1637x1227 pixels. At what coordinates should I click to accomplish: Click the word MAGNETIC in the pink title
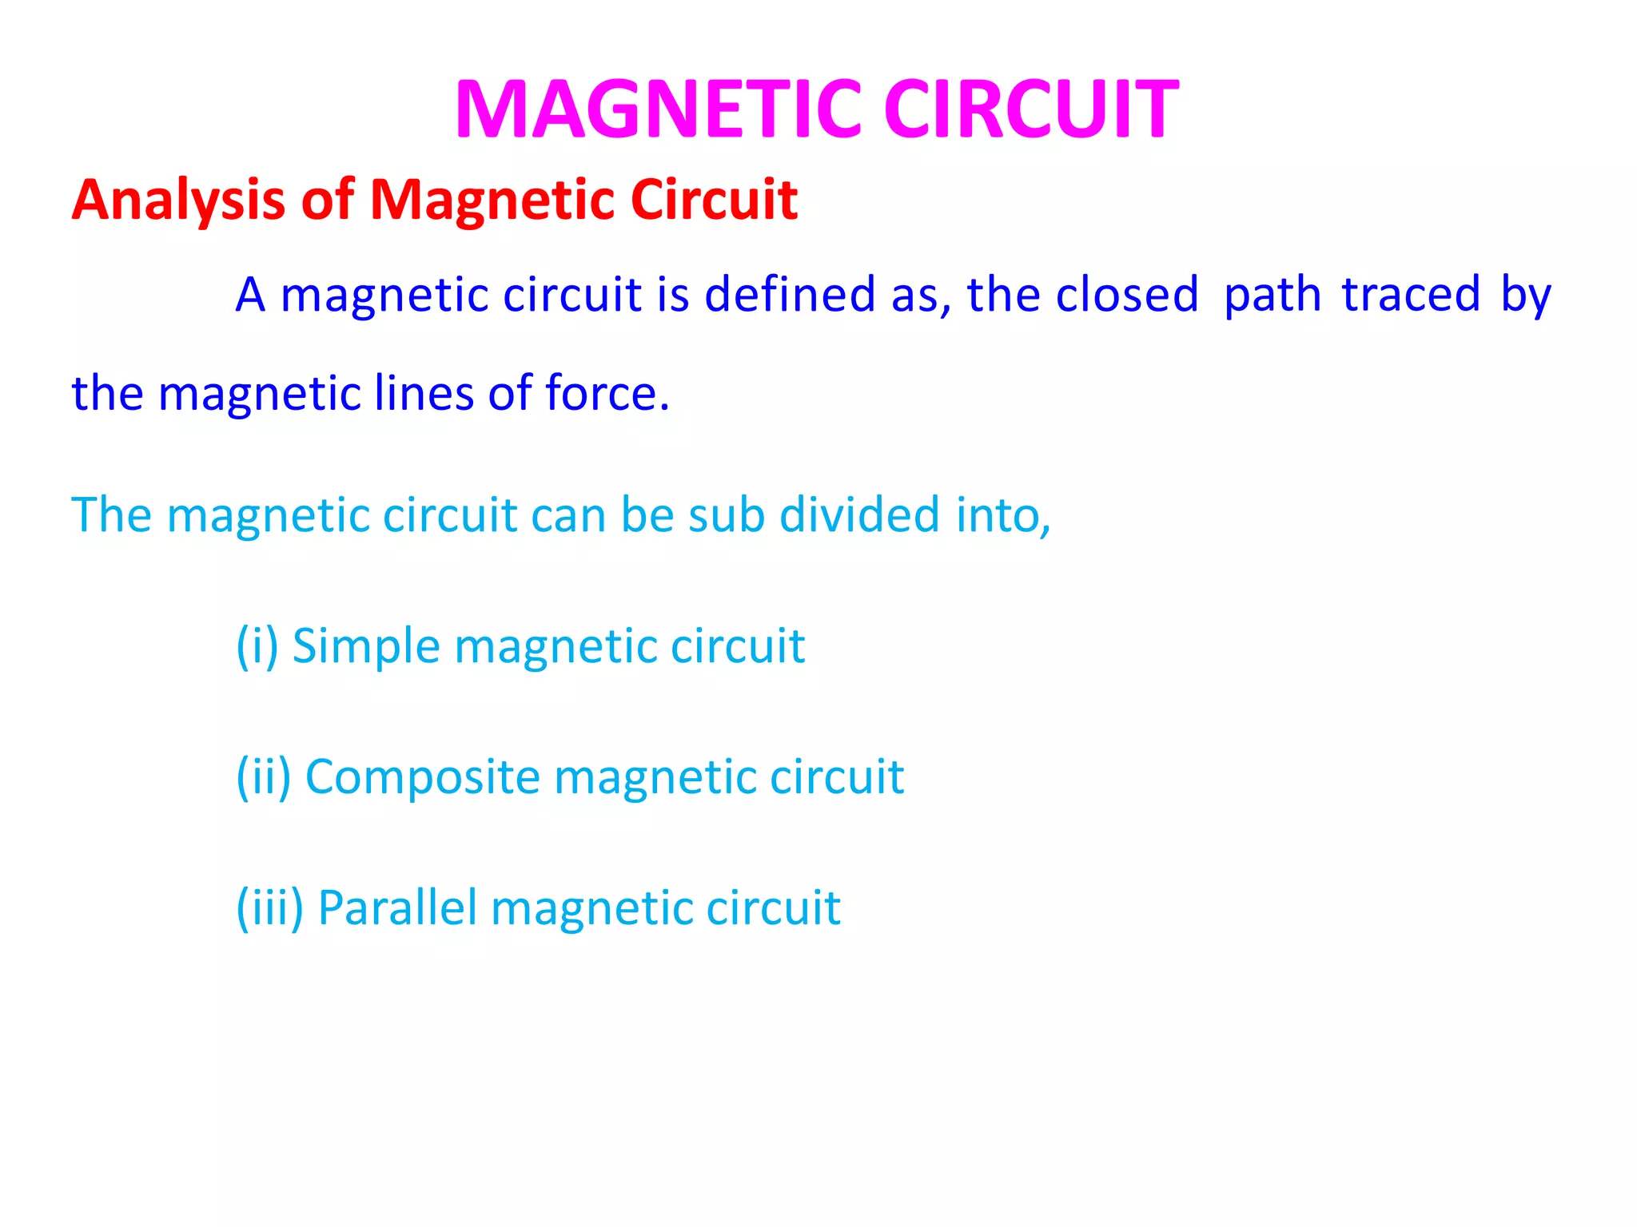658,109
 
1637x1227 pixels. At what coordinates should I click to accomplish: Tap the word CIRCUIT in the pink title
1030,109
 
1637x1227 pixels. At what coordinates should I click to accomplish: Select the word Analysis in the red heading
177,200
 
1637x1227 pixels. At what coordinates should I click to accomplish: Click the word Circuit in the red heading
713,200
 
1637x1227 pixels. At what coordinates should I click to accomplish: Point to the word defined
790,294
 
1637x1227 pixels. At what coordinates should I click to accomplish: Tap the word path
1273,294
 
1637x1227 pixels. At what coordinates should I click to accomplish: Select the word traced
1411,294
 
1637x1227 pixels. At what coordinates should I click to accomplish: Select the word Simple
365,645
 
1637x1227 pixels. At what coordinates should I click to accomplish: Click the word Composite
423,776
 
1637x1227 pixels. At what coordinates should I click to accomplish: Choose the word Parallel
397,907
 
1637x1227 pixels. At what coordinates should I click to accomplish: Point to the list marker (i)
257,645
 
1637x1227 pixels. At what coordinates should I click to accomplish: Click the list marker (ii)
263,776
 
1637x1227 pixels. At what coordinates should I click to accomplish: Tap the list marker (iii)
269,907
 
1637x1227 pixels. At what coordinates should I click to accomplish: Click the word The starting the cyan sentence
111,514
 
